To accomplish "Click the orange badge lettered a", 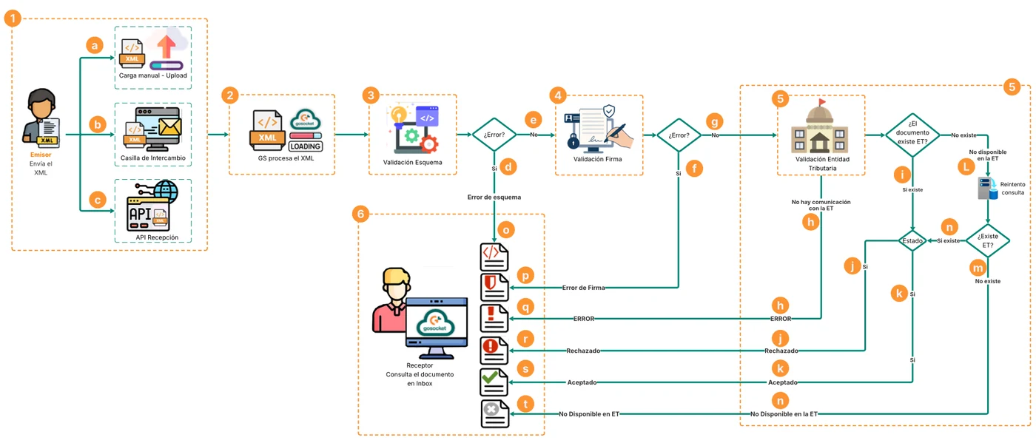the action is pyautogui.click(x=95, y=45).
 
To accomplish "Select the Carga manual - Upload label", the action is pyautogui.click(x=153, y=75).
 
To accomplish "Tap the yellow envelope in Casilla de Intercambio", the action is pyautogui.click(x=169, y=126).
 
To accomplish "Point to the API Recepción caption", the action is pyautogui.click(x=157, y=237).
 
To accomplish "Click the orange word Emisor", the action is pyautogui.click(x=41, y=155).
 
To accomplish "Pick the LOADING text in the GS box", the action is pyautogui.click(x=305, y=146).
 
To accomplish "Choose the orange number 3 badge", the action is pyautogui.click(x=371, y=95).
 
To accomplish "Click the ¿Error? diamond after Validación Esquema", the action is pyautogui.click(x=494, y=135).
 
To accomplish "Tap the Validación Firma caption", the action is pyautogui.click(x=598, y=159).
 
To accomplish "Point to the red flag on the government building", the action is pyautogui.click(x=822, y=101).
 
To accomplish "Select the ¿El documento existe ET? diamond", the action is pyautogui.click(x=912, y=135).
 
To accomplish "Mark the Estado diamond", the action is pyautogui.click(x=912, y=241).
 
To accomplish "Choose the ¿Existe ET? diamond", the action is pyautogui.click(x=987, y=240).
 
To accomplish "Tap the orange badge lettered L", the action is pyautogui.click(x=966, y=166).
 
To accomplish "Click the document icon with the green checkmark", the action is pyautogui.click(x=494, y=382).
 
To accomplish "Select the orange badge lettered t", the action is pyautogui.click(x=525, y=404).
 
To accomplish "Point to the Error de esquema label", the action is pyautogui.click(x=494, y=197).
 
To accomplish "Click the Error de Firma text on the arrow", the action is pyautogui.click(x=583, y=288).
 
